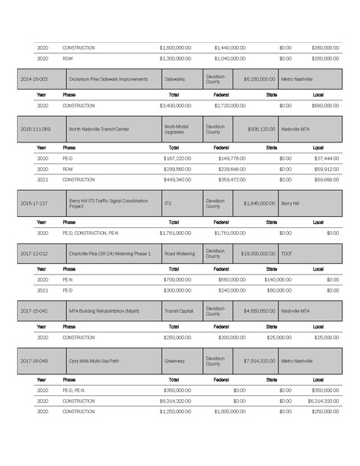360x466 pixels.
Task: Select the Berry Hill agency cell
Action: (x=292, y=203)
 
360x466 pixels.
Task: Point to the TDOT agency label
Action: (x=288, y=254)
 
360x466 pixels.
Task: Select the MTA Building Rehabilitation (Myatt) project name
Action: (x=109, y=310)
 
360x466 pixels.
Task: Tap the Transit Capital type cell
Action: (x=179, y=310)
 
